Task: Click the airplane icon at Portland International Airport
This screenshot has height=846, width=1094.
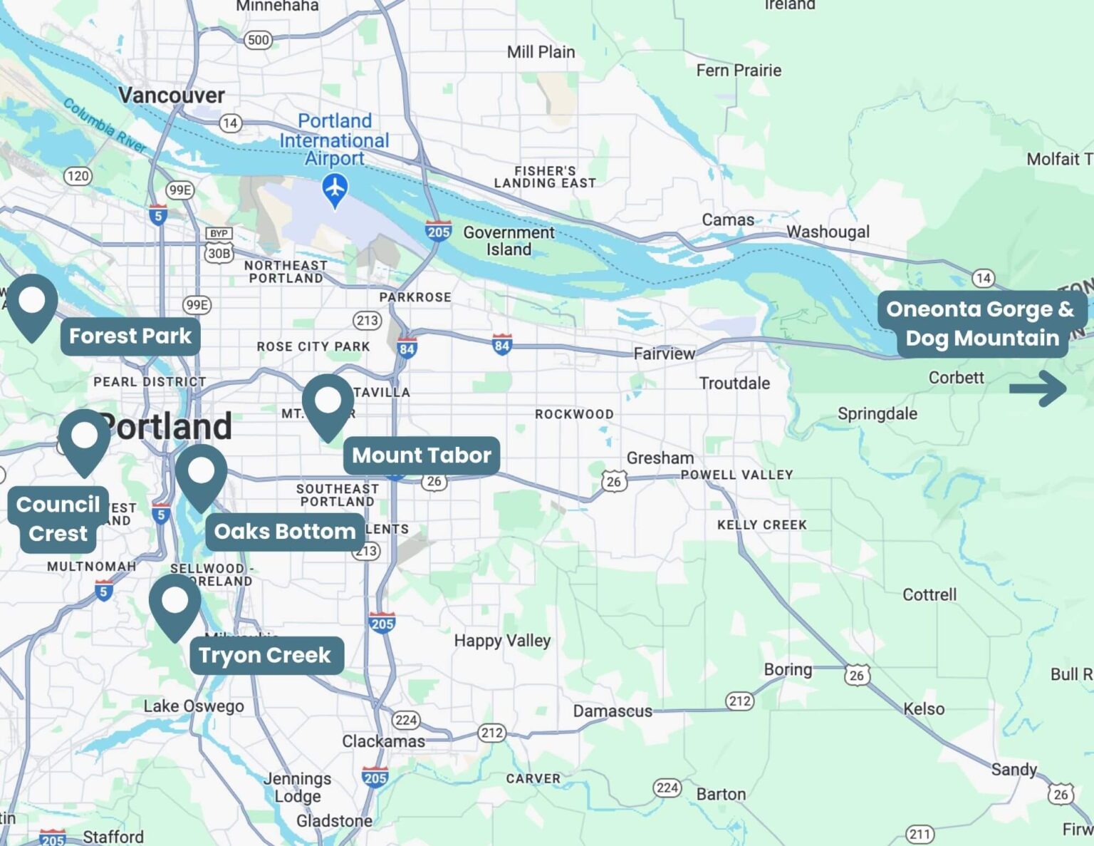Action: pos(335,189)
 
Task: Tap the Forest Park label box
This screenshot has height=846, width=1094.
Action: pos(130,336)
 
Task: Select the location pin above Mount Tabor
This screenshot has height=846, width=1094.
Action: pos(328,403)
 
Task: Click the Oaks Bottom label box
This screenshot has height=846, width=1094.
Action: pos(284,532)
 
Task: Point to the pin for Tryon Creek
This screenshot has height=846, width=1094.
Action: pos(174,604)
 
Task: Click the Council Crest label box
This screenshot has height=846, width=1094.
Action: pos(58,519)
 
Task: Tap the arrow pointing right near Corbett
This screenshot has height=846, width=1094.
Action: pos(1038,388)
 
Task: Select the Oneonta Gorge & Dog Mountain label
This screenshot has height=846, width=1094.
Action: pos(981,324)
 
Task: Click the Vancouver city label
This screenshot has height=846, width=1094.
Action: pos(171,96)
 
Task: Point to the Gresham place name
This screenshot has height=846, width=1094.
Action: pos(660,458)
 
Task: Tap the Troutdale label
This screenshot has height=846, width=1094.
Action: pos(734,383)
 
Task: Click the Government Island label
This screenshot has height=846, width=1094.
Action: pos(509,241)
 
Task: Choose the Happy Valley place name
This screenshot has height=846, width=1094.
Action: pos(502,641)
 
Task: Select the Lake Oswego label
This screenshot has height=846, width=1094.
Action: pos(193,706)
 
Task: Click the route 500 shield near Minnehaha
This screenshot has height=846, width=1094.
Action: pos(258,40)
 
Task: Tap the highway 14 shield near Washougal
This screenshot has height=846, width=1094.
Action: pos(983,278)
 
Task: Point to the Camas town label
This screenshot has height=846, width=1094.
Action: pos(728,220)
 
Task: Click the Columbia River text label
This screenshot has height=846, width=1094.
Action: pos(105,125)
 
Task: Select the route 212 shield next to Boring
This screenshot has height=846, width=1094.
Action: pos(739,701)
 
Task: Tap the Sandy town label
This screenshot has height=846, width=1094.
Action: pos(1014,770)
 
